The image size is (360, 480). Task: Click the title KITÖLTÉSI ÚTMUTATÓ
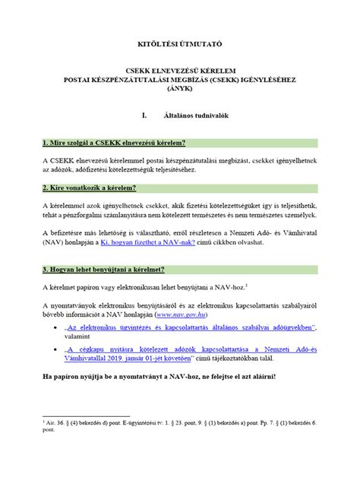179,36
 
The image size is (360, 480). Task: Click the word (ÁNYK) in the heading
179,88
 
